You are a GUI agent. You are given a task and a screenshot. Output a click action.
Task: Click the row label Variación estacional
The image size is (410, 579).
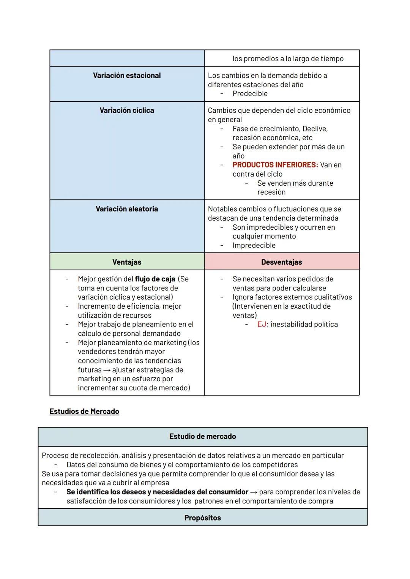coord(127,76)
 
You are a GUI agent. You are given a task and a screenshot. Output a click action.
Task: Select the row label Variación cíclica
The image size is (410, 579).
coord(127,110)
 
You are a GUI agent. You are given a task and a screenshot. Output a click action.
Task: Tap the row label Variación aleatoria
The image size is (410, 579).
coord(127,209)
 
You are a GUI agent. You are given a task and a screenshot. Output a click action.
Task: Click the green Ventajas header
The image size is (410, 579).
coord(127,262)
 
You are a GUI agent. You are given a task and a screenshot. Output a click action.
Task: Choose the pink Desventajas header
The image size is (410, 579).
coord(282,262)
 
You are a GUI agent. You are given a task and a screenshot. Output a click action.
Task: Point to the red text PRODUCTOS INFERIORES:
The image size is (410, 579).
coord(275,165)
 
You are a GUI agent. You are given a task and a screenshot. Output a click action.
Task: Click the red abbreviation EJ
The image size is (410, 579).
coord(262,324)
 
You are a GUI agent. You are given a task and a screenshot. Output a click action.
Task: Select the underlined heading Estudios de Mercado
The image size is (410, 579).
coord(84,412)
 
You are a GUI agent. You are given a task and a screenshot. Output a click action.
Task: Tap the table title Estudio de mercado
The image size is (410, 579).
coord(202,437)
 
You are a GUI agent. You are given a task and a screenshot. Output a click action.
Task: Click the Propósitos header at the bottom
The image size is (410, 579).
coord(202,518)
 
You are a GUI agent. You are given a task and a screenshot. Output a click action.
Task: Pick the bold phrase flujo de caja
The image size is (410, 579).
coord(155,279)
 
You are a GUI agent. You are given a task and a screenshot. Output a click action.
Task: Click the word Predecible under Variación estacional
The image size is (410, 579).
coord(250,94)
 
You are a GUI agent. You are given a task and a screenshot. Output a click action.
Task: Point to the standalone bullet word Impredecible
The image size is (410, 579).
coord(254,245)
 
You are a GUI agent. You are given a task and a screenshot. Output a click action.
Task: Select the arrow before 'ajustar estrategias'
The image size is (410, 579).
coord(107,370)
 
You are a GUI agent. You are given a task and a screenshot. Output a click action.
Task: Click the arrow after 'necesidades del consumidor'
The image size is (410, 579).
coord(254,492)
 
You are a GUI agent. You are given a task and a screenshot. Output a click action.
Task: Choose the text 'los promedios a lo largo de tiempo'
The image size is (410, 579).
coord(288,59)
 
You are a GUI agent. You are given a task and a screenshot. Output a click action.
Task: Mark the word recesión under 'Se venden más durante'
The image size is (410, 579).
coord(271,192)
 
